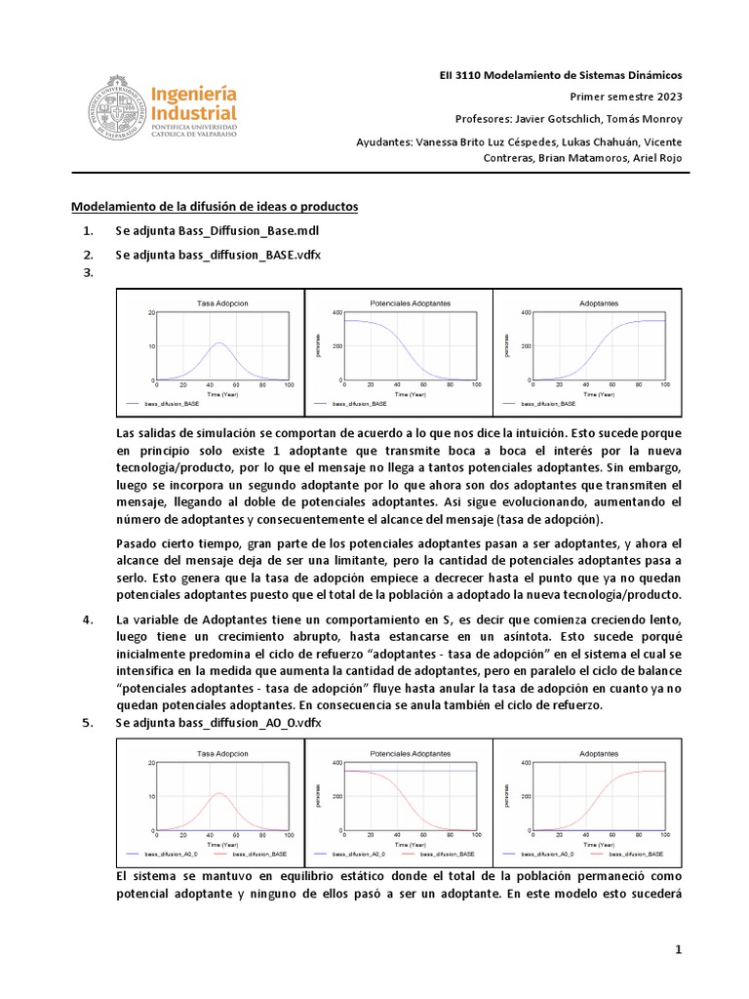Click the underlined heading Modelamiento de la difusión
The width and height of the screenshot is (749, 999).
tap(215, 207)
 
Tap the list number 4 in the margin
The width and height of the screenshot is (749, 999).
tap(89, 619)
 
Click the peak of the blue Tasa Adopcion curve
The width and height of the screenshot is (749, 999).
tap(221, 343)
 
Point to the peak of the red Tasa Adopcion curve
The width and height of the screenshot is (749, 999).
tap(221, 793)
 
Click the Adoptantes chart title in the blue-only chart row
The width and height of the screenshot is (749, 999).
tap(599, 303)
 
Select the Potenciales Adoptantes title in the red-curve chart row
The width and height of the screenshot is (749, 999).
tap(410, 754)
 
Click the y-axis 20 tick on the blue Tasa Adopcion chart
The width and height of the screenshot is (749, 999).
tap(150, 312)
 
